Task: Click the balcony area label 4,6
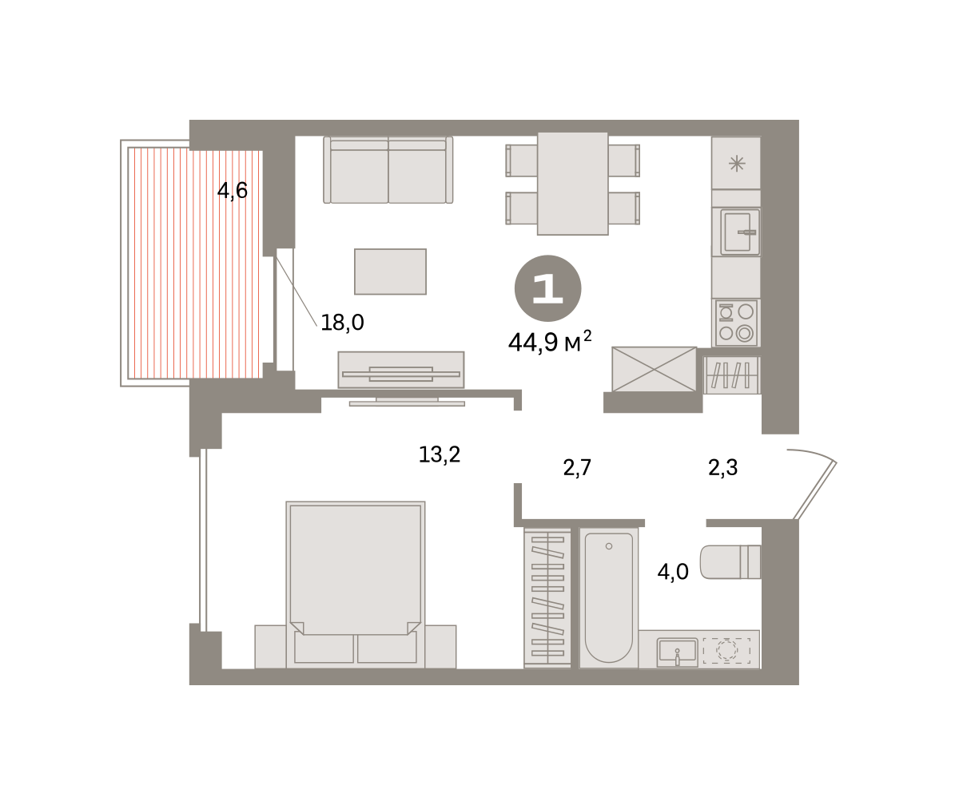point(233,190)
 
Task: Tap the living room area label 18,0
point(342,323)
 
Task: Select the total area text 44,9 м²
point(550,342)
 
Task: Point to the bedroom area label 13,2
point(440,454)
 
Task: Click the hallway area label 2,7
point(577,468)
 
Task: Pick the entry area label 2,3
point(723,468)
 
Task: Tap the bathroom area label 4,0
point(673,573)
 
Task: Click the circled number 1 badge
point(548,288)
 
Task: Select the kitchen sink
point(740,232)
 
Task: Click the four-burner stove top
point(736,323)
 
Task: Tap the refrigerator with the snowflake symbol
point(736,163)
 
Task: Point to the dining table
point(573,184)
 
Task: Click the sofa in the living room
point(388,170)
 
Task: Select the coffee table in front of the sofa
point(391,272)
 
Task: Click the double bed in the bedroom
point(356,585)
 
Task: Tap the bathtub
point(608,597)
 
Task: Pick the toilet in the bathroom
point(730,561)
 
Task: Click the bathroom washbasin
point(678,652)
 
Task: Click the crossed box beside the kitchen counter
point(654,369)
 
